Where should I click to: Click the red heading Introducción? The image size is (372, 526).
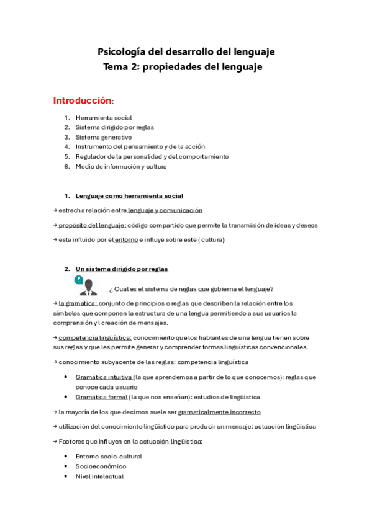tap(82, 100)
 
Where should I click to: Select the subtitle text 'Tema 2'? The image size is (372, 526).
tap(121, 67)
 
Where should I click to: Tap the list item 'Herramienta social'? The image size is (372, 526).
tap(104, 118)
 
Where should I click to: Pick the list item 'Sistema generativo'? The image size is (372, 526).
tap(104, 137)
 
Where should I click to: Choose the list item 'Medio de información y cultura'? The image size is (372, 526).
tap(121, 167)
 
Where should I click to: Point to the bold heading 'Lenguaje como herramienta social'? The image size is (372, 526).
tap(129, 196)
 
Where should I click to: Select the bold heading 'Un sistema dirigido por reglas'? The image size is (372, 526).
tap(122, 269)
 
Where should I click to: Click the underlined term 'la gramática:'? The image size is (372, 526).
tap(78, 303)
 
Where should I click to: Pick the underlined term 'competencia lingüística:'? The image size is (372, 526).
tap(95, 337)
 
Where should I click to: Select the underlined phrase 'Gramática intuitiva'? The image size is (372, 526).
tap(101, 377)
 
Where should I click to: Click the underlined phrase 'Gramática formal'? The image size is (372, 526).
tap(97, 397)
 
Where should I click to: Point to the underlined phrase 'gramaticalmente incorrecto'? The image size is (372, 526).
tap(219, 412)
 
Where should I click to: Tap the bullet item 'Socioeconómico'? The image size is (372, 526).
tap(101, 466)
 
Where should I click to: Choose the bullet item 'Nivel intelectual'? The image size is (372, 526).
tap(99, 476)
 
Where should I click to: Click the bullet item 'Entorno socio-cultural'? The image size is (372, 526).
tap(109, 457)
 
